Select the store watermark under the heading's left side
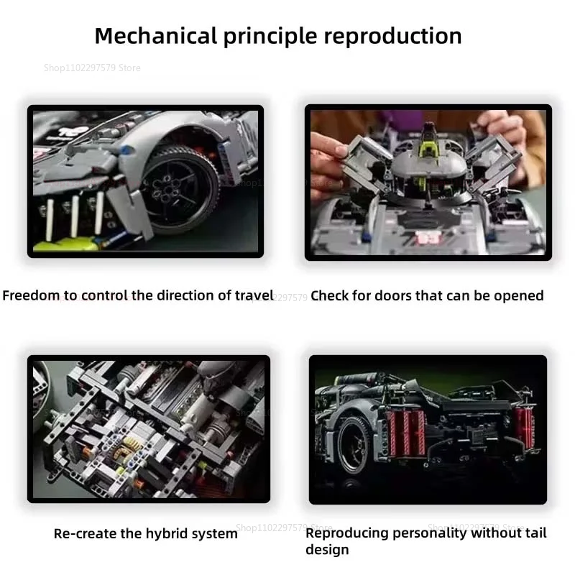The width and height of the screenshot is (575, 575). pos(92,68)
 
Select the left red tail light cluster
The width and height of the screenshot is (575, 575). pos(406,430)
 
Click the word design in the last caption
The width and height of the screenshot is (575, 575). pos(327,550)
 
